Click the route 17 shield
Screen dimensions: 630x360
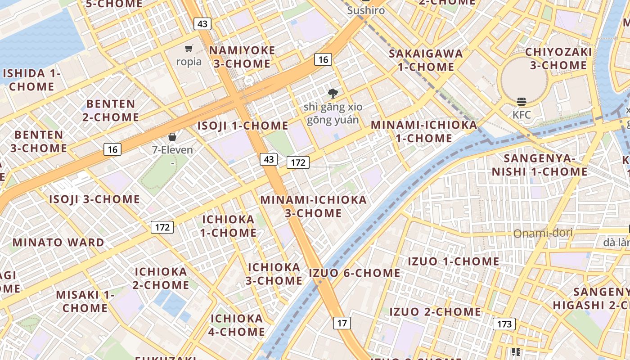[342, 323]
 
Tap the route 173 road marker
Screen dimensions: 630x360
[504, 324]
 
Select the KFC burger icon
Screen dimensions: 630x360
[522, 102]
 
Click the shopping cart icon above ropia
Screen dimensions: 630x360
[189, 48]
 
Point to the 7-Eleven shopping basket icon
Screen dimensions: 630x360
[172, 137]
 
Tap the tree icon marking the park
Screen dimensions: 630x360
[333, 94]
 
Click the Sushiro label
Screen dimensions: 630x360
[366, 10]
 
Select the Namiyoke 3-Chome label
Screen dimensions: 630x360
[242, 57]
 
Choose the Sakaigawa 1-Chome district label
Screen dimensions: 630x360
[426, 60]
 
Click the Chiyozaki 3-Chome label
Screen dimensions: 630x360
[558, 58]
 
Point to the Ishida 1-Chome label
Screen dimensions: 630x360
[31, 80]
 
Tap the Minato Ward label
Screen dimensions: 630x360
[58, 242]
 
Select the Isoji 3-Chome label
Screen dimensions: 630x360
[94, 199]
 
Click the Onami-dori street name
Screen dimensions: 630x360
[543, 233]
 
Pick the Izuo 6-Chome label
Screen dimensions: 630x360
[355, 273]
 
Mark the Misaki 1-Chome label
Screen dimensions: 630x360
[85, 301]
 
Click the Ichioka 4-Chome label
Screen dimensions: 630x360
[237, 325]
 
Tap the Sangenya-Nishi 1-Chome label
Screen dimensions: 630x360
[540, 165]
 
